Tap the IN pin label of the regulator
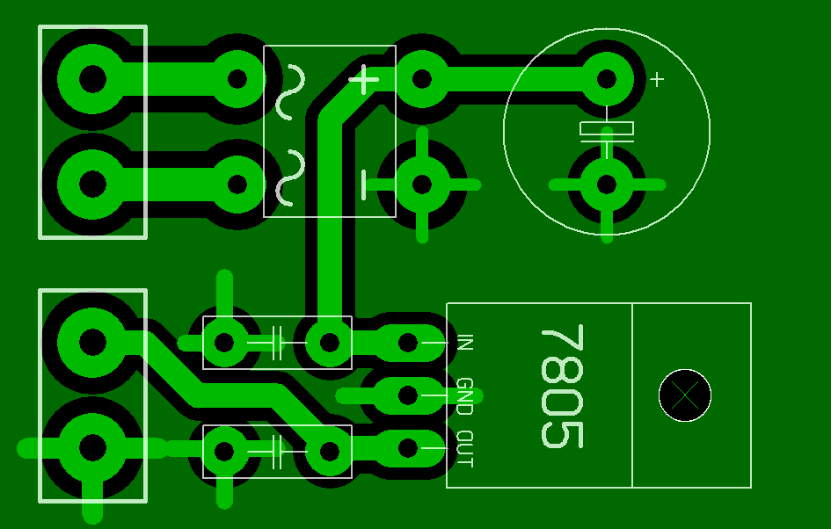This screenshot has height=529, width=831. [464, 343]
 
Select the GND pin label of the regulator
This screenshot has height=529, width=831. [464, 396]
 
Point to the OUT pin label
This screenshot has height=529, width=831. [464, 449]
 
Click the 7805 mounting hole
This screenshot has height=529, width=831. [685, 395]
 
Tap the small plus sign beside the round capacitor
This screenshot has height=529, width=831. [657, 79]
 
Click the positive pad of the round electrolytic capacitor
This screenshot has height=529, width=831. [607, 79]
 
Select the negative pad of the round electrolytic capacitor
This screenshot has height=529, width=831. [607, 185]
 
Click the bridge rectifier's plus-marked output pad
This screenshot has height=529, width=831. [422, 79]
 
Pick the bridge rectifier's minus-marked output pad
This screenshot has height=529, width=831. [422, 185]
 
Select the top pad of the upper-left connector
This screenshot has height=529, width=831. [92, 79]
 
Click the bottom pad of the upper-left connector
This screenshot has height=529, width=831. [92, 185]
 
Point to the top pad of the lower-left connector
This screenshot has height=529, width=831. [92, 341]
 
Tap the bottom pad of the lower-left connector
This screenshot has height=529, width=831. [92, 447]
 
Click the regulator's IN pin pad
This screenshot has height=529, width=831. [408, 343]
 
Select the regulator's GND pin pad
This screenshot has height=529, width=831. [408, 395]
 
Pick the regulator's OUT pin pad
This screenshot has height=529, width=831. [408, 448]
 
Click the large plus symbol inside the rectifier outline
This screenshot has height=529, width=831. [364, 81]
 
